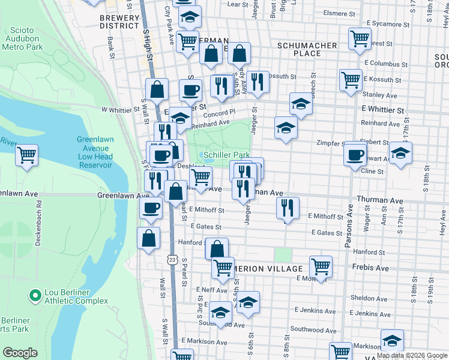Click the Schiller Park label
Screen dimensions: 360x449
tap(226, 155)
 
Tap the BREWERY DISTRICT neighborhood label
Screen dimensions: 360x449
tap(119, 22)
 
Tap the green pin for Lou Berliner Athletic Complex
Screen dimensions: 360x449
tap(35, 295)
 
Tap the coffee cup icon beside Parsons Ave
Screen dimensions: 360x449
tap(355, 154)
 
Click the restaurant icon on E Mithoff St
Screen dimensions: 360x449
tap(288, 208)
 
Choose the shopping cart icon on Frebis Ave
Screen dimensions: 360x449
tap(321, 266)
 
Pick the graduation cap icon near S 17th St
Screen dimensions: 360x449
tap(400, 152)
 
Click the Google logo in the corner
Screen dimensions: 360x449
tap(20, 353)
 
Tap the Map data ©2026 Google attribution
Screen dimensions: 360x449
tap(412, 355)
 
